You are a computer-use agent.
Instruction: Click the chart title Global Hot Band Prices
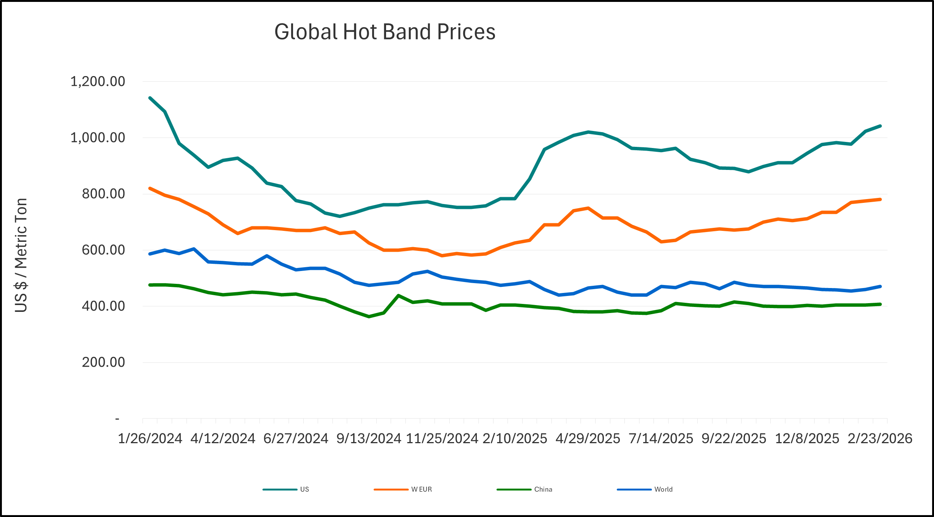385,32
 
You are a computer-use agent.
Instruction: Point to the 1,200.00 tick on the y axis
98,81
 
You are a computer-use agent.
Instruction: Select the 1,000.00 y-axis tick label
98,137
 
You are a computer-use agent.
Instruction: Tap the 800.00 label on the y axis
103,194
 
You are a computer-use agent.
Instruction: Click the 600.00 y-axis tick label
103,250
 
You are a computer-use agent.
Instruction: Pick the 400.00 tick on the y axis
103,306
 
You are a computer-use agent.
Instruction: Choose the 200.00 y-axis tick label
103,362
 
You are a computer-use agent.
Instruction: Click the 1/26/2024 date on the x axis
150,439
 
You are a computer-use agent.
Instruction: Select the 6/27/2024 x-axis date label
296,439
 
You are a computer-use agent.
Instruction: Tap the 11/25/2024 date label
442,439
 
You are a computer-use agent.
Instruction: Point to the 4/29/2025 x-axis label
588,439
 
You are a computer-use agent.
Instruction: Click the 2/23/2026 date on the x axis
880,439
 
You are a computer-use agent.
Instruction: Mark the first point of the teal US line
150,98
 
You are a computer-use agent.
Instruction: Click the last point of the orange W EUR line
880,199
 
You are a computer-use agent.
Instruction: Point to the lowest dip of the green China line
369,316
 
